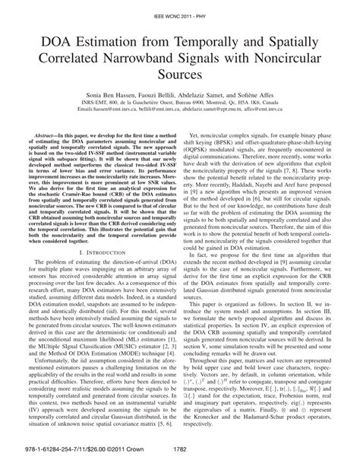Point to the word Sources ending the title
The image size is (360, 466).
click(x=179, y=77)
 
